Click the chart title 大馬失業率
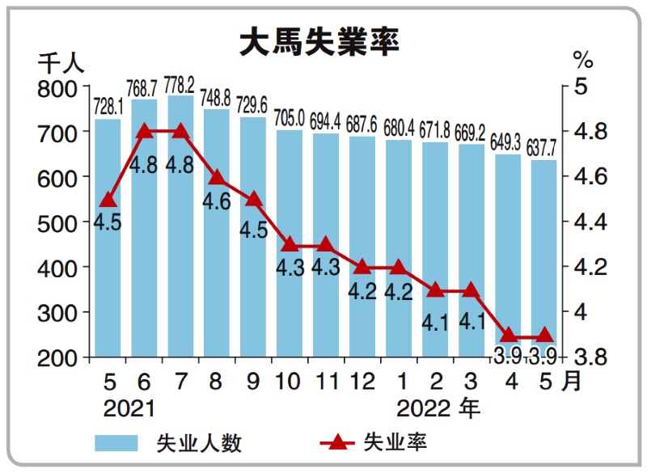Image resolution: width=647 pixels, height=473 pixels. [x=319, y=43]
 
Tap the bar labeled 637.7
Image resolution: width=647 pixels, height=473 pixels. [x=544, y=259]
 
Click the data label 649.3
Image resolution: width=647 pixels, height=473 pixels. [x=508, y=143]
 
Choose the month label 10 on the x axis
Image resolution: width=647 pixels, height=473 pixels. [x=290, y=381]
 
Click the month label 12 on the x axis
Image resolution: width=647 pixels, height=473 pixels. [x=362, y=381]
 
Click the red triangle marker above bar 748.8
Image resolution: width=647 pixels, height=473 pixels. [x=217, y=177]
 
